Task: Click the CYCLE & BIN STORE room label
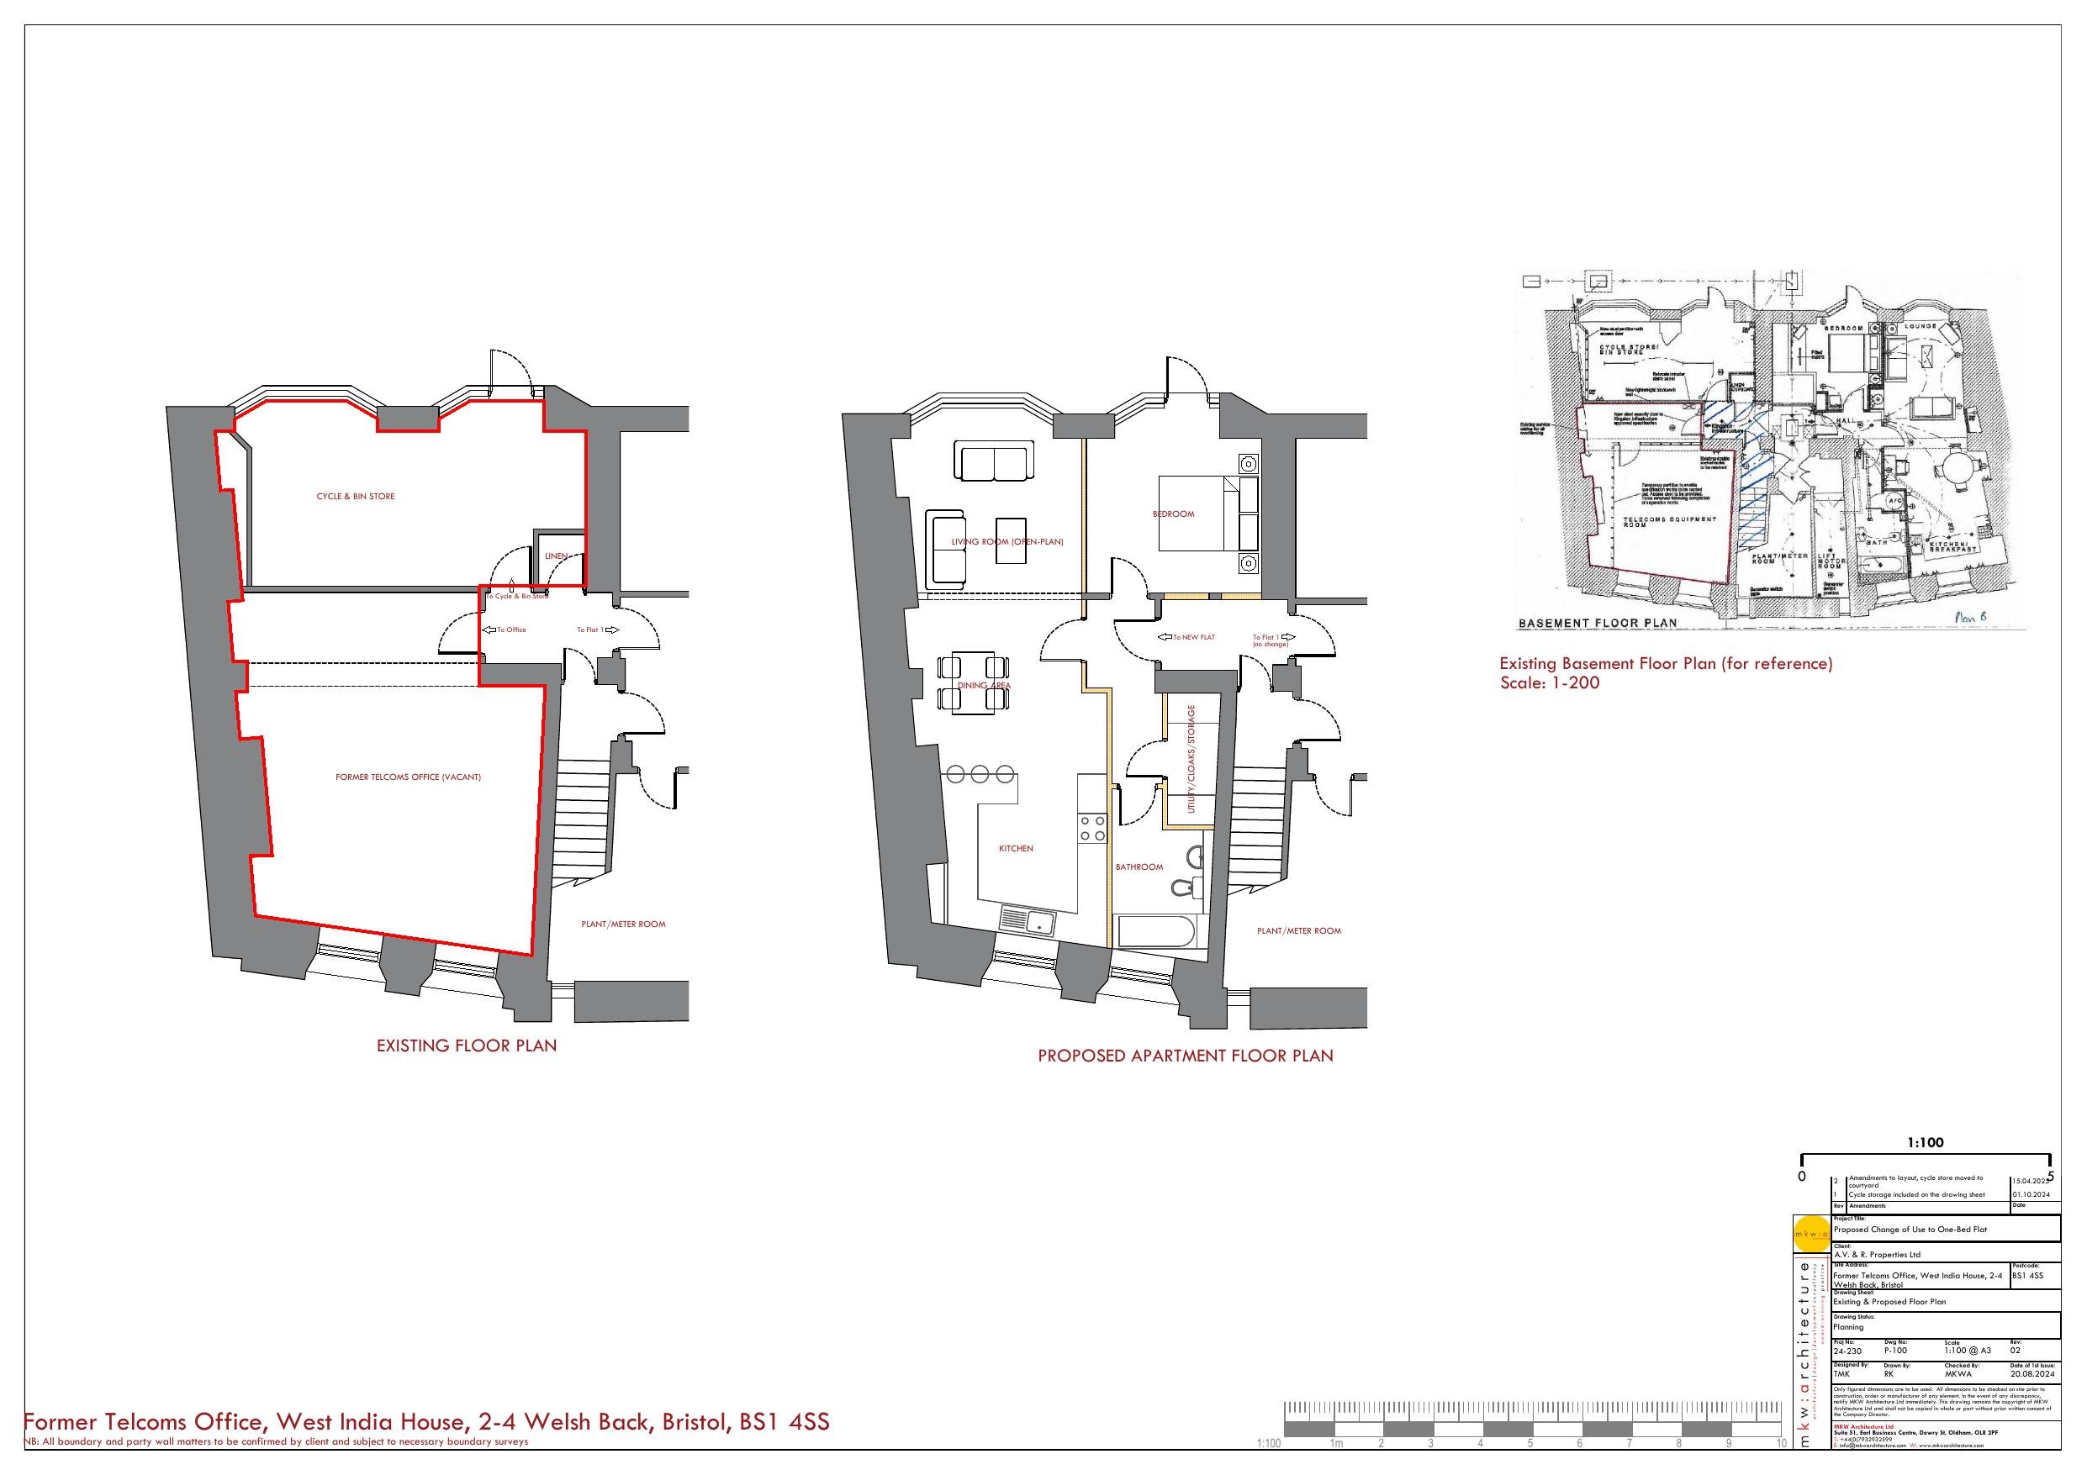click(356, 496)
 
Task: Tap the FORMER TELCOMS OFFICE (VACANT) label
click(408, 777)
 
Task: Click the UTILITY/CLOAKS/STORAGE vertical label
click(1191, 760)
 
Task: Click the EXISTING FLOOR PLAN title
click(467, 1046)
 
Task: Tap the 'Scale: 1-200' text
click(1550, 682)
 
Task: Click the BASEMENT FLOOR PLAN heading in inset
click(1598, 624)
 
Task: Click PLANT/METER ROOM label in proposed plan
click(1299, 930)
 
